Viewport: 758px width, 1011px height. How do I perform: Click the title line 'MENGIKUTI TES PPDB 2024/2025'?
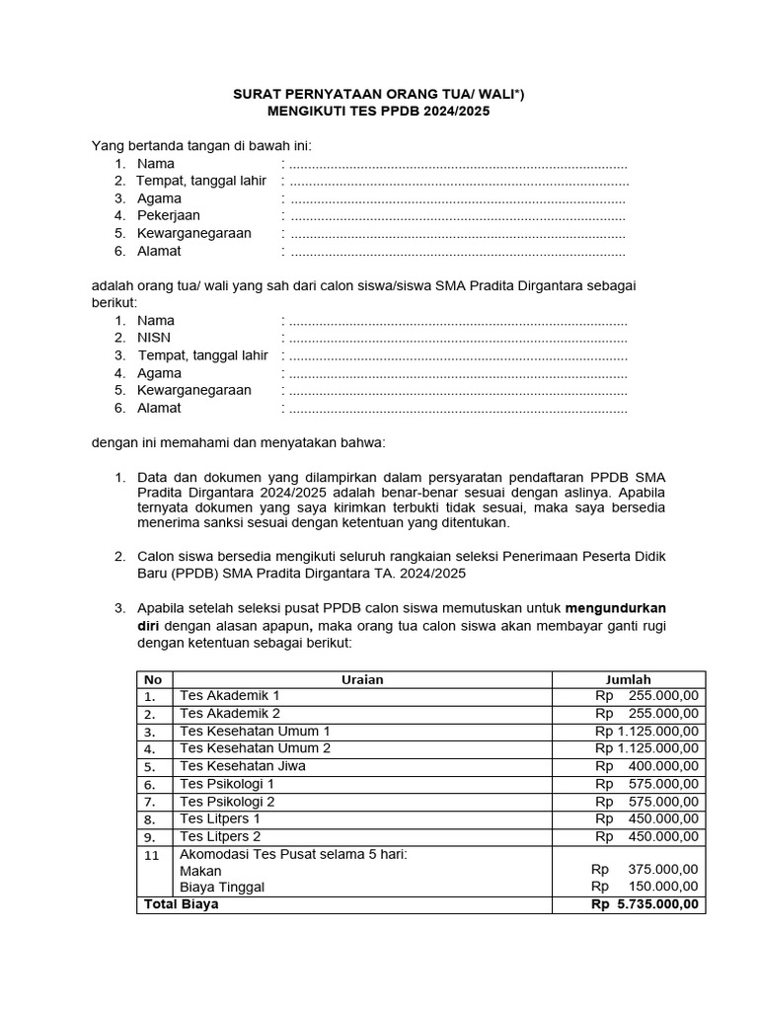pyautogui.click(x=379, y=113)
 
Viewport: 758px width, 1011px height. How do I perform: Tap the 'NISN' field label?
pyautogui.click(x=154, y=338)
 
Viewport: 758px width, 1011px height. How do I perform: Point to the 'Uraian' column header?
pyautogui.click(x=362, y=679)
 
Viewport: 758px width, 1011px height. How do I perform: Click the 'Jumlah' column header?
pyautogui.click(x=628, y=679)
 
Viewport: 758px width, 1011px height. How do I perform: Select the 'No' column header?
pyautogui.click(x=153, y=679)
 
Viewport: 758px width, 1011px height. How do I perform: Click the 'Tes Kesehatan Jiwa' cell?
pyautogui.click(x=242, y=766)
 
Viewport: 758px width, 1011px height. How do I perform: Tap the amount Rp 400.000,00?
pyautogui.click(x=646, y=766)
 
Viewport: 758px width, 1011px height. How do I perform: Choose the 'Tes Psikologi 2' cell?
pyautogui.click(x=227, y=802)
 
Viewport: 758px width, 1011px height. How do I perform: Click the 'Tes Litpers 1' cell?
pyautogui.click(x=220, y=819)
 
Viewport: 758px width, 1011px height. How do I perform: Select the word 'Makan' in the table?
pyautogui.click(x=200, y=871)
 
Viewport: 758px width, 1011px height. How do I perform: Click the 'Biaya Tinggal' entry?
pyautogui.click(x=222, y=888)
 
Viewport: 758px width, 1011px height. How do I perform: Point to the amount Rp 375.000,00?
pyautogui.click(x=644, y=870)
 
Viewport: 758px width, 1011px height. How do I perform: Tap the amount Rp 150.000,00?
pyautogui.click(x=644, y=888)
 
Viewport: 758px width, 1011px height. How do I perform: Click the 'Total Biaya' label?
pyautogui.click(x=182, y=904)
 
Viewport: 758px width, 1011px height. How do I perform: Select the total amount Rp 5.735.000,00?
pyautogui.click(x=644, y=904)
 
